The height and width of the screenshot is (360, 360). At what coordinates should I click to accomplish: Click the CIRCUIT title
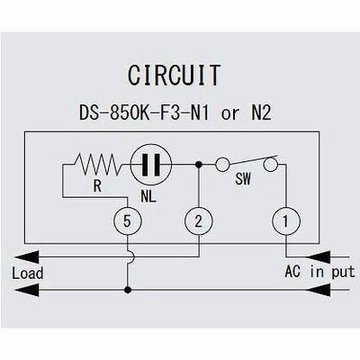tap(174, 75)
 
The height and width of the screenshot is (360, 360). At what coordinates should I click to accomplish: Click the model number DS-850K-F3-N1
tap(144, 113)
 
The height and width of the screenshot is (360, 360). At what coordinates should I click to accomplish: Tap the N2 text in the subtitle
tap(261, 113)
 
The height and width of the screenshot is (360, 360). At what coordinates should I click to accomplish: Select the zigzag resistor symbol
tap(97, 165)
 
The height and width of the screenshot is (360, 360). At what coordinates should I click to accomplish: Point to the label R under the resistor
tap(97, 186)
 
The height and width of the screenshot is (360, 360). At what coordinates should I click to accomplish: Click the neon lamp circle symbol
tap(151, 165)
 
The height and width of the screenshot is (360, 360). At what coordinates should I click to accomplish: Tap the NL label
tap(148, 197)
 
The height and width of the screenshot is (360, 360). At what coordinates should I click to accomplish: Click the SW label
tap(243, 179)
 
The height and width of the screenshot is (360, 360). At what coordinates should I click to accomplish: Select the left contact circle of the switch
tap(222, 165)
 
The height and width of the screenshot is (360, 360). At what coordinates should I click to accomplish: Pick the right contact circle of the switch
tap(271, 165)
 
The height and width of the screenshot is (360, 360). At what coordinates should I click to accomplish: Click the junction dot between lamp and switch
tap(198, 165)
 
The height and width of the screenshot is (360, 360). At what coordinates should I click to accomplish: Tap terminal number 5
tap(127, 221)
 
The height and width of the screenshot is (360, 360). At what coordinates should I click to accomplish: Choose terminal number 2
tap(199, 221)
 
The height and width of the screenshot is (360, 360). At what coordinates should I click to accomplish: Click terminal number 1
tap(286, 221)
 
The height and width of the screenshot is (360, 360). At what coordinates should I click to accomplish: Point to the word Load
tap(28, 274)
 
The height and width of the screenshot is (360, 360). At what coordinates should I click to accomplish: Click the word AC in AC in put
tap(292, 272)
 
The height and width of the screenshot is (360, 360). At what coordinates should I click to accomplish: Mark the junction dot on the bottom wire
tap(128, 290)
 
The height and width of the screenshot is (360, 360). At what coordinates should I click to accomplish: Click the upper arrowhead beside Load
tap(27, 257)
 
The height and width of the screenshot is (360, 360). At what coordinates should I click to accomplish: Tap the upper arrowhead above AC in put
tap(318, 257)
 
